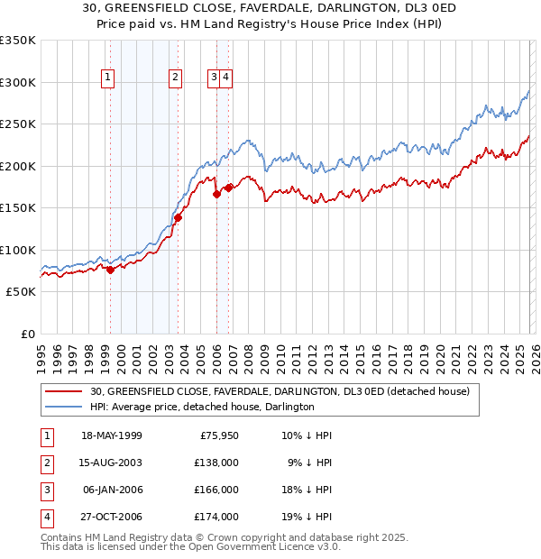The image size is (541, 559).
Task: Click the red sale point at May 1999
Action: [110, 270]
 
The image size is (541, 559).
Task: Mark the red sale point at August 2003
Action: [178, 217]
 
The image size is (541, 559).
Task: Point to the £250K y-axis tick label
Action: [17, 124]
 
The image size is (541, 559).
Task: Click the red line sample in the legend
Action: [64, 392]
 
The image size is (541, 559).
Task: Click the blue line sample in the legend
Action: [64, 407]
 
